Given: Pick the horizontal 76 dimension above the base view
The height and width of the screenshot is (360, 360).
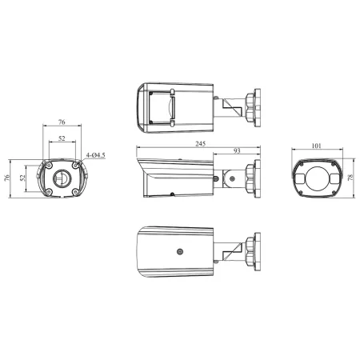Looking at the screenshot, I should (x=62, y=122).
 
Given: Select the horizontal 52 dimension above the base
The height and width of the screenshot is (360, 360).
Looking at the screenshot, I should (x=62, y=137).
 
